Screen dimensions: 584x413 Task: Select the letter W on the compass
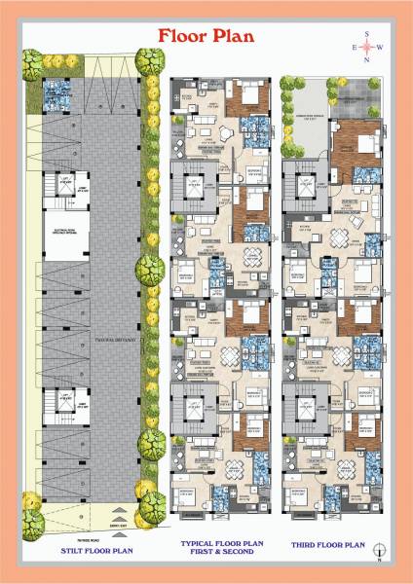pyautogui.click(x=381, y=47)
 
